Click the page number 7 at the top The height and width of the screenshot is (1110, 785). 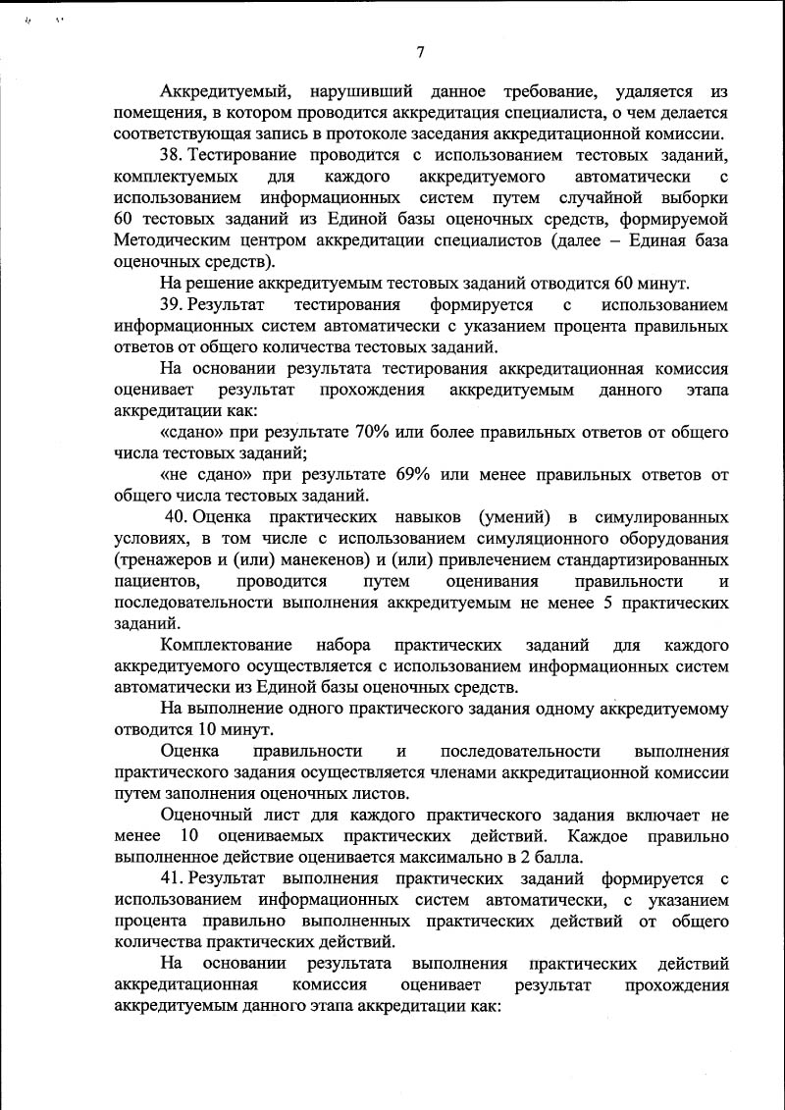420,53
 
